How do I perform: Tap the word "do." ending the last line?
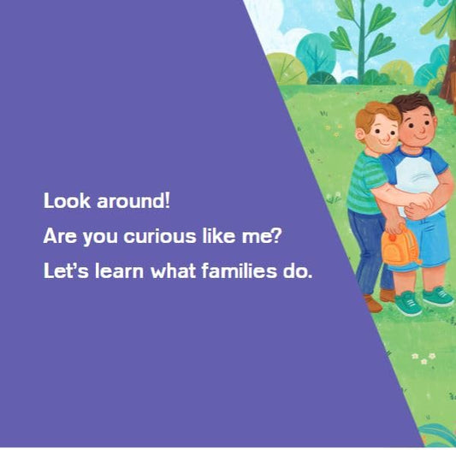[x=299, y=272]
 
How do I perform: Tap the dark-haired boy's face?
[x=416, y=127]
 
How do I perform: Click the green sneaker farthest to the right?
[x=438, y=296]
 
